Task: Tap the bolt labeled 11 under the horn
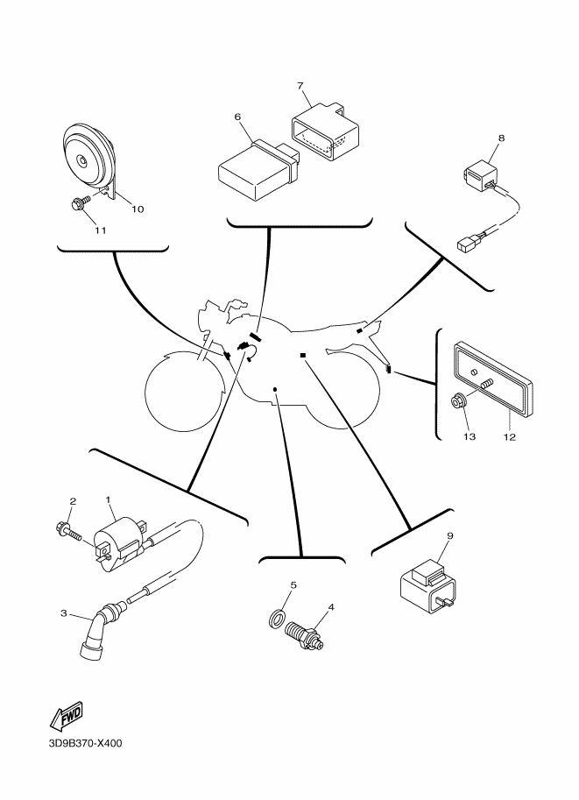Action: (76, 205)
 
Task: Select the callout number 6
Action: (237, 117)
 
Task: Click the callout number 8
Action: (501, 138)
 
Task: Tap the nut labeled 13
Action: (457, 403)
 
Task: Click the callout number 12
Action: (508, 435)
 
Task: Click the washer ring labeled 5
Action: (276, 620)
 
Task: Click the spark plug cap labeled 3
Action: (96, 631)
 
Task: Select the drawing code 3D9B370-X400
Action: (86, 745)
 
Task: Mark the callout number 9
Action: (450, 535)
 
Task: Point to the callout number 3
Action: (63, 613)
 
